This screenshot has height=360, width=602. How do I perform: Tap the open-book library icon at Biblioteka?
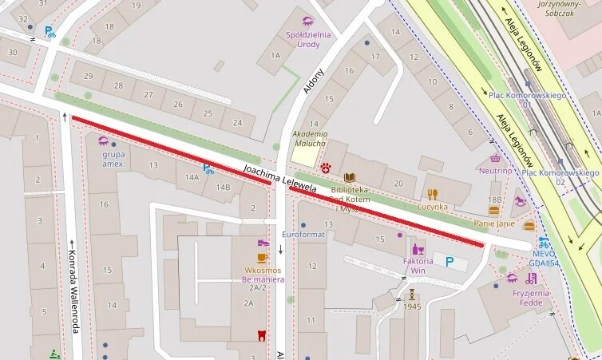[349, 177]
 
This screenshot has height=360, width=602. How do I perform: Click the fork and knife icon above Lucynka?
[433, 194]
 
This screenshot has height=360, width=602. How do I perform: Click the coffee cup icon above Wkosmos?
[262, 258]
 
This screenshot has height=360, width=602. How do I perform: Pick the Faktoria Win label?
[418, 266]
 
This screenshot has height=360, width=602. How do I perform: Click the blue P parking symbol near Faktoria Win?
[450, 260]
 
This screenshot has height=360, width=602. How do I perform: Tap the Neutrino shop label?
[495, 170]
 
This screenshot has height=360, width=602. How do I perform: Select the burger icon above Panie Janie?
[493, 212]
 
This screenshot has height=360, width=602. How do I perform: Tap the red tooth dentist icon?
[261, 335]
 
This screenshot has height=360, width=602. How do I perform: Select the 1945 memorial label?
[411, 307]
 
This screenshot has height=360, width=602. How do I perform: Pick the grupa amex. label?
[113, 159]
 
